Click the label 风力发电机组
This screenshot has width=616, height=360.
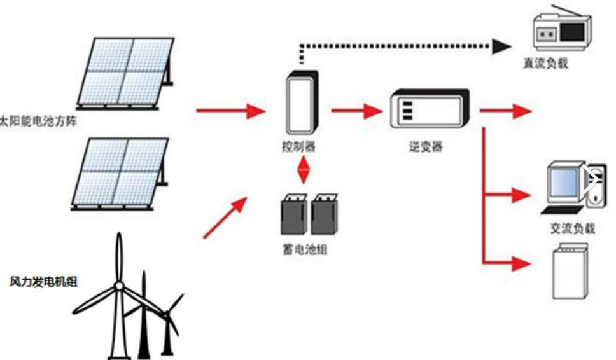coord(44,280)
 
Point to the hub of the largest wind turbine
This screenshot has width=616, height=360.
coord(119,286)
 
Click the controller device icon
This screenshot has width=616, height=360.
coord(301,102)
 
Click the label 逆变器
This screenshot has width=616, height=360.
coord(426,147)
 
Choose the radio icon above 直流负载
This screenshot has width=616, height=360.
coord(561,30)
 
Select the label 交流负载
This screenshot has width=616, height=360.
coord(572,228)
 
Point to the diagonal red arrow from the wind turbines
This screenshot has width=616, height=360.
coord(225,218)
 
